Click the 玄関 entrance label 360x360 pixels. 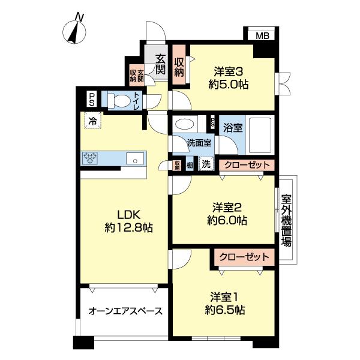pyautogui.click(x=161, y=64)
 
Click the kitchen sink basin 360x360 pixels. pyautogui.click(x=134, y=158)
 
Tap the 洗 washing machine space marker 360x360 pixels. pyautogui.click(x=206, y=164)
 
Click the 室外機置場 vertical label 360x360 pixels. pyautogui.click(x=287, y=219)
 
